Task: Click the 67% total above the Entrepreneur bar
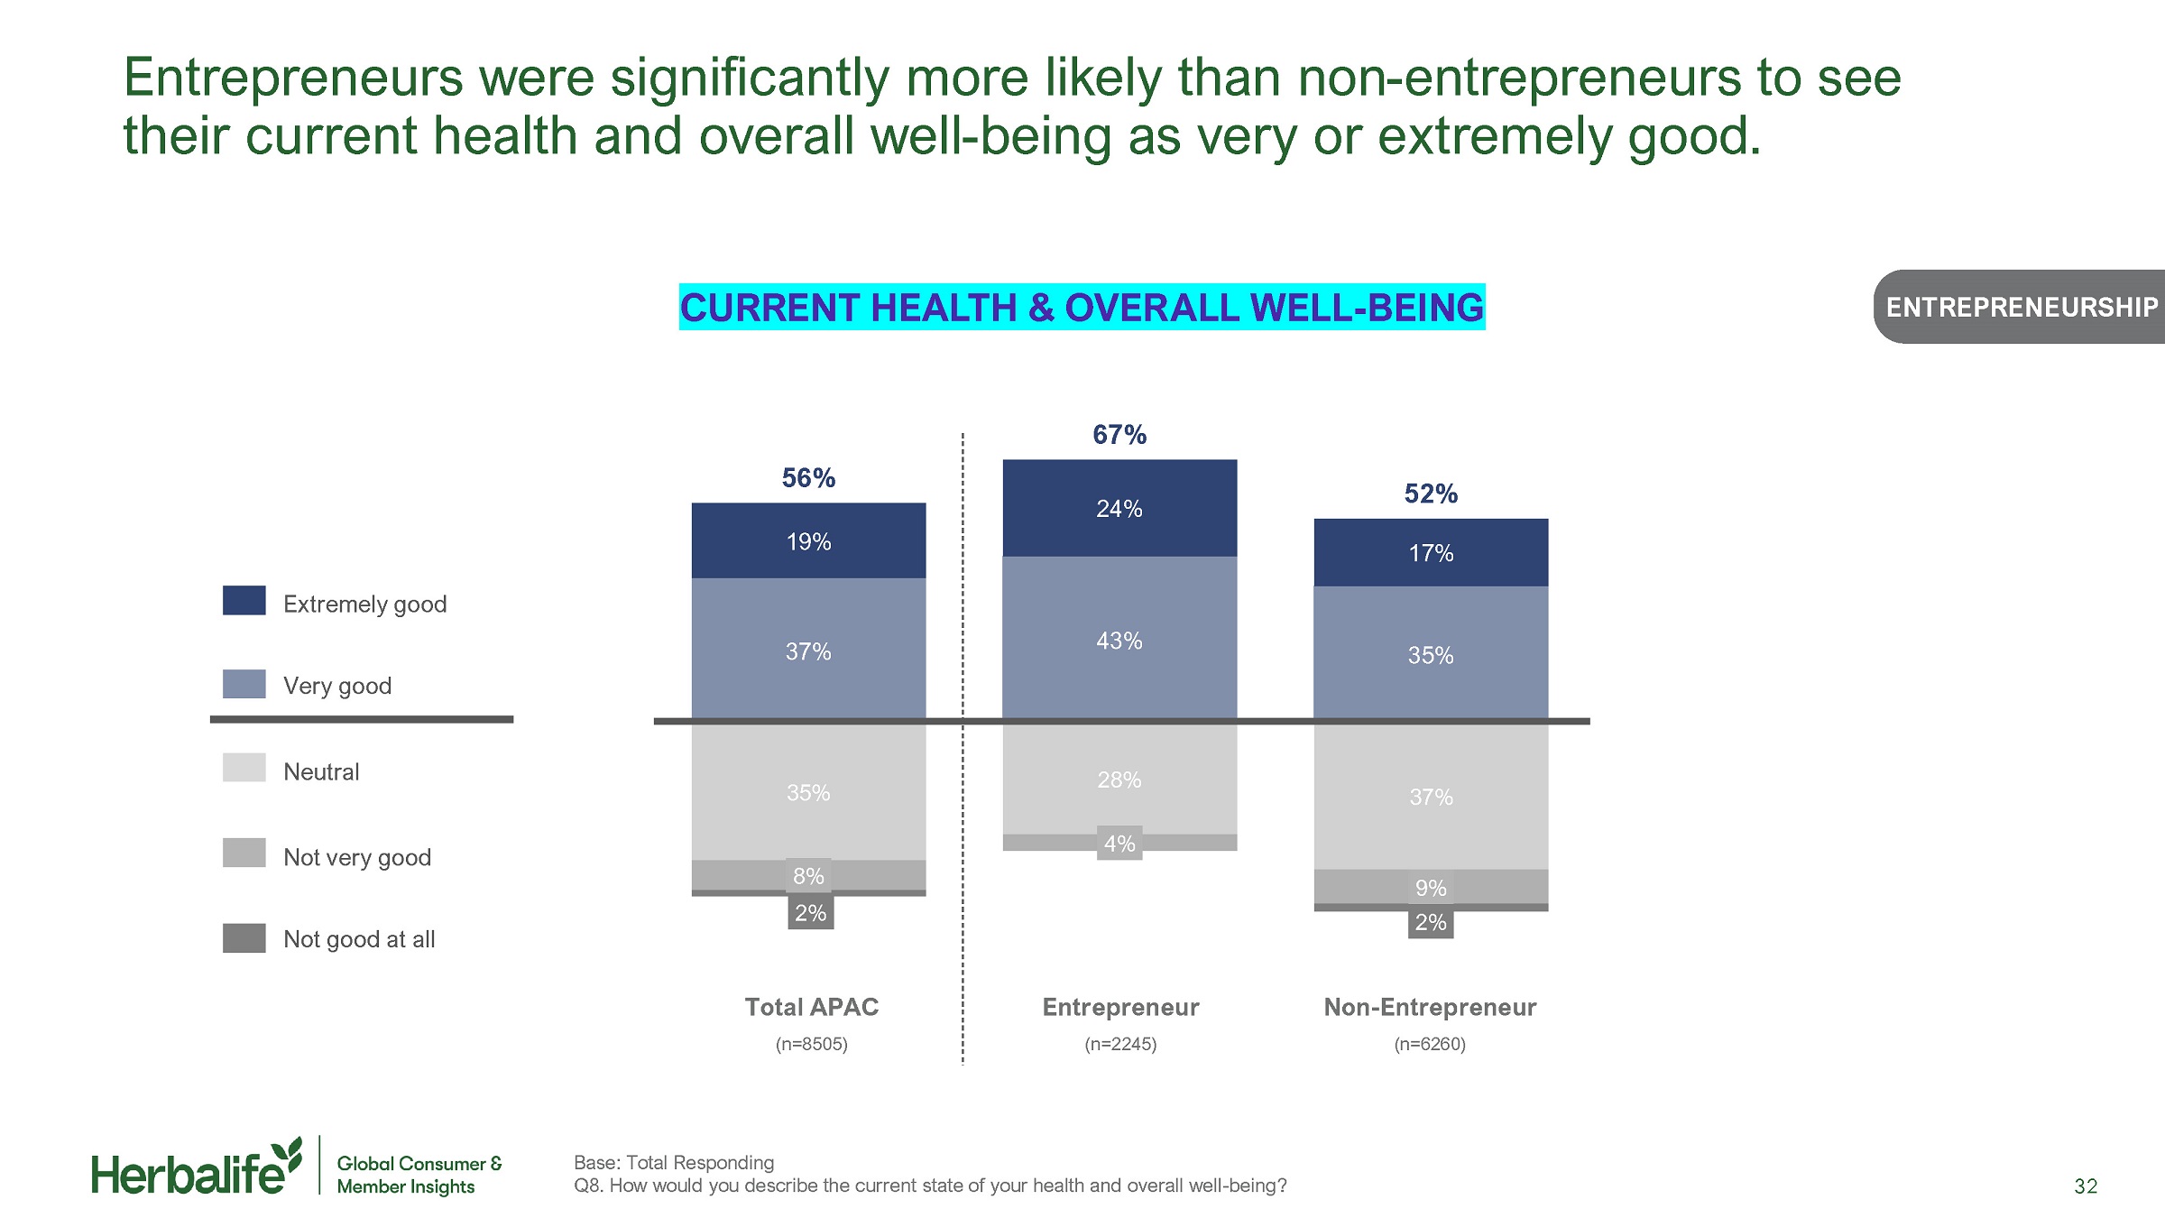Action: [1119, 435]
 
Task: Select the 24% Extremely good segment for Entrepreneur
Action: [1119, 509]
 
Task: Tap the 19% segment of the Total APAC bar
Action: [808, 541]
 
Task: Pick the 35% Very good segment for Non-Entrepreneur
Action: [1431, 655]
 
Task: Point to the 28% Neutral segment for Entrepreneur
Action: [1119, 780]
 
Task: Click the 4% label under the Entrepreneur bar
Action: [1119, 844]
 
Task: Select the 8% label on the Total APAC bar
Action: [808, 876]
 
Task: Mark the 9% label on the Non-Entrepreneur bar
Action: [1431, 888]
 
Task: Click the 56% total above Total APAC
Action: [808, 478]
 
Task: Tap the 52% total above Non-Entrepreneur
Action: [1431, 494]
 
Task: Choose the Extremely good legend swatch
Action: [244, 601]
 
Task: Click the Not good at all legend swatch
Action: [244, 938]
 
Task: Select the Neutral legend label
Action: [321, 772]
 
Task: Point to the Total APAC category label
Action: [812, 1007]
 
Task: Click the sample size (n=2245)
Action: [1120, 1044]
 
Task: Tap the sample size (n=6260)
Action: [1430, 1044]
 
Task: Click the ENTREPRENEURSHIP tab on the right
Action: [2021, 308]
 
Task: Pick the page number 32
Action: [2086, 1186]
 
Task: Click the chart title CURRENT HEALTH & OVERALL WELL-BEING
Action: [1082, 308]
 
